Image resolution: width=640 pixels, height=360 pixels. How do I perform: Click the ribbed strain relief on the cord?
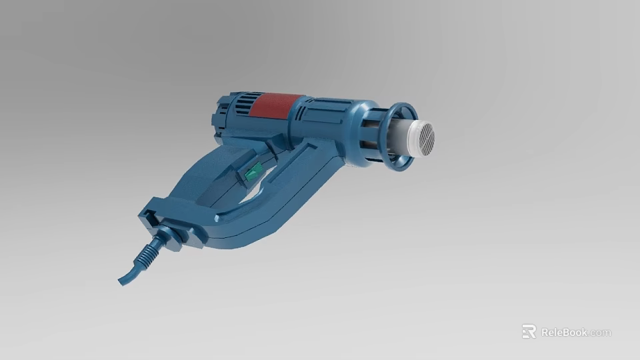pos(150,251)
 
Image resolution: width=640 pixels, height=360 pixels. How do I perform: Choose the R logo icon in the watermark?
pos(529,331)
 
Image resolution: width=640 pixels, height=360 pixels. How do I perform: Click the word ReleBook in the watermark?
pos(563,332)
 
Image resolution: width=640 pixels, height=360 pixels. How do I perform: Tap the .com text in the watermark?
pos(600,333)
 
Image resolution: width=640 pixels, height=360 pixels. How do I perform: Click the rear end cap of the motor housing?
pos(218,120)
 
